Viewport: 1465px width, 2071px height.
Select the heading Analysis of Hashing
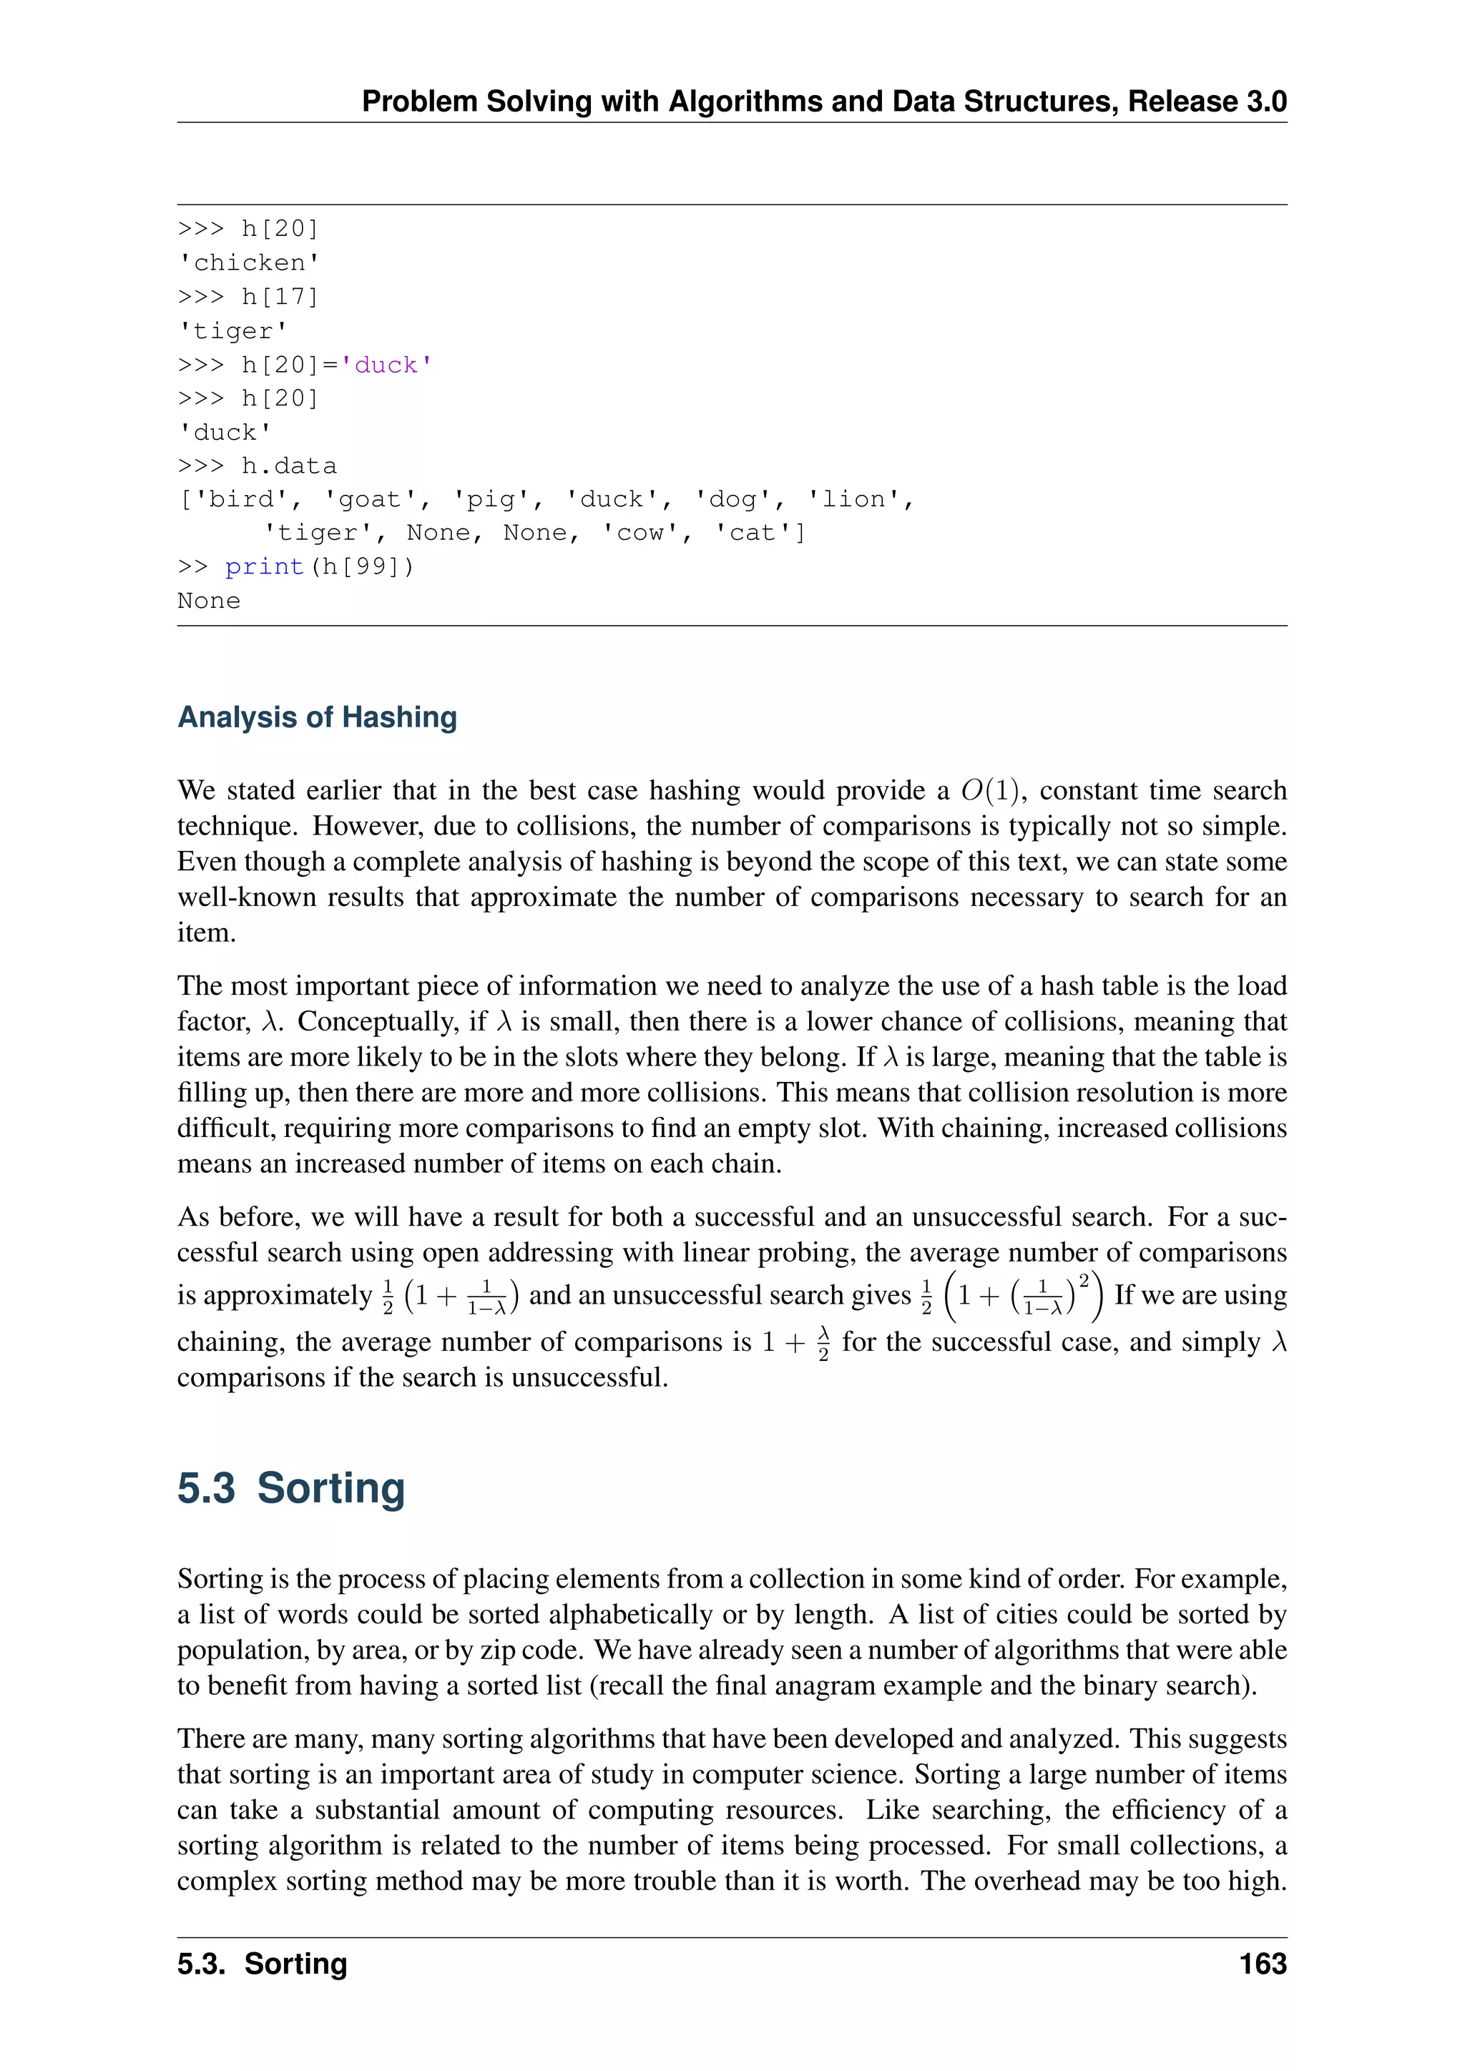[317, 717]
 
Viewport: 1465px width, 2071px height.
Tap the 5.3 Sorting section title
[290, 1488]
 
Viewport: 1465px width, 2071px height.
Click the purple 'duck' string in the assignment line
[386, 365]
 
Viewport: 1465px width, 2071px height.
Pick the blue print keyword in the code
[264, 566]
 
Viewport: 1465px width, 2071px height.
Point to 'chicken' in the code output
[249, 262]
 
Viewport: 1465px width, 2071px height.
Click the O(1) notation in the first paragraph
[989, 790]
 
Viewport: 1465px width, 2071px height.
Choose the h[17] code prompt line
[248, 297]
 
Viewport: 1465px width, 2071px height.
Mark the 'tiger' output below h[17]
[232, 331]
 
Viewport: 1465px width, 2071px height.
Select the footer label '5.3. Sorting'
[262, 1964]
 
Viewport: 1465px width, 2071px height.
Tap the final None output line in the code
[208, 601]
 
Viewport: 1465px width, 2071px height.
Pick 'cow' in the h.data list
[646, 533]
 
